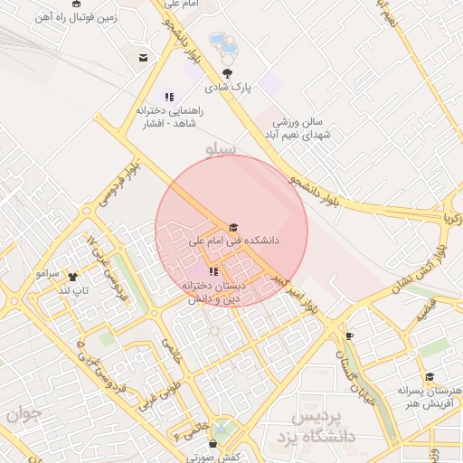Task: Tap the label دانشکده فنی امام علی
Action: pos(233,242)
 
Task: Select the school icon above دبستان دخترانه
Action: pos(213,271)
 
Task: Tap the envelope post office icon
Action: pos(143,58)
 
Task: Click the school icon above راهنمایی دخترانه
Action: pos(169,97)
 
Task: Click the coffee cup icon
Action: pos(350,335)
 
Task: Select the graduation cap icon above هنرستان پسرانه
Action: pos(430,377)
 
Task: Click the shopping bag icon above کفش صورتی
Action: pos(213,444)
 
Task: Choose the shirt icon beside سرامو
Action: pos(73,277)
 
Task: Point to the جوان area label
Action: pos(24,414)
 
